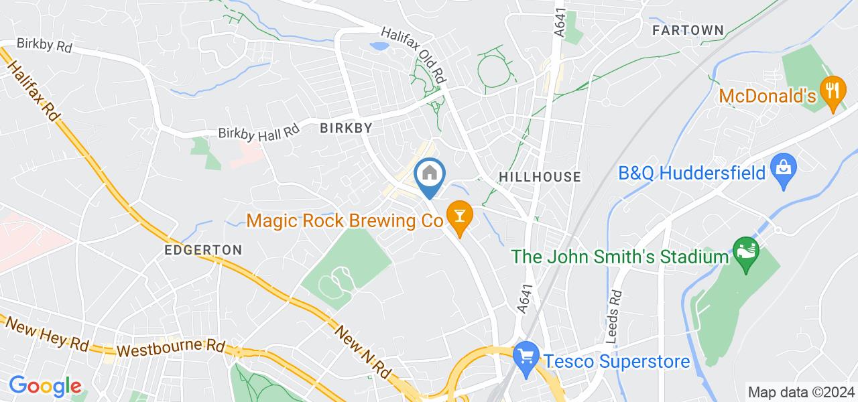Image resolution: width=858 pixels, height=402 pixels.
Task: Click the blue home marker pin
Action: click(x=430, y=174)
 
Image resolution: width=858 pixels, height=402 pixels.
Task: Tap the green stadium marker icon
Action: click(x=745, y=251)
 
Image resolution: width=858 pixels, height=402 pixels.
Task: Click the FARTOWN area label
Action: click(x=688, y=30)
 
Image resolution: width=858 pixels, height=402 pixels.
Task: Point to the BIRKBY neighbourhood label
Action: click(x=346, y=127)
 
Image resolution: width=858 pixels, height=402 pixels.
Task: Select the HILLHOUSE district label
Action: click(x=539, y=176)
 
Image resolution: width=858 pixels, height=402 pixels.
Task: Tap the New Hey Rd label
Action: click(x=47, y=334)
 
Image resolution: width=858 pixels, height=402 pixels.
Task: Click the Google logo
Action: click(x=44, y=386)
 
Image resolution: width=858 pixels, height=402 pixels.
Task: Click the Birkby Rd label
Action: click(x=44, y=48)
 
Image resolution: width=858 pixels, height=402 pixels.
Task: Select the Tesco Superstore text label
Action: click(x=617, y=362)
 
